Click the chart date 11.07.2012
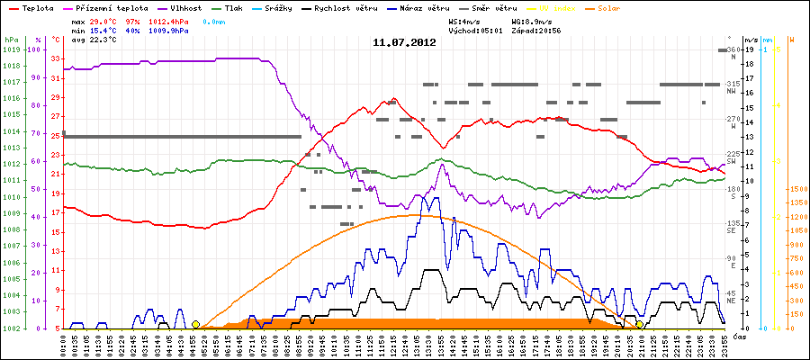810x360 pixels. tap(405, 42)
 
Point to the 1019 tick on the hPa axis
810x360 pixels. tap(10, 49)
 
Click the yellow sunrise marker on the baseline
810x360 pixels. tap(195, 324)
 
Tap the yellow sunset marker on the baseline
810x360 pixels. tap(639, 324)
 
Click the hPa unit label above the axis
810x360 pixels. tap(11, 40)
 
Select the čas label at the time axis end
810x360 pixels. tap(737, 336)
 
